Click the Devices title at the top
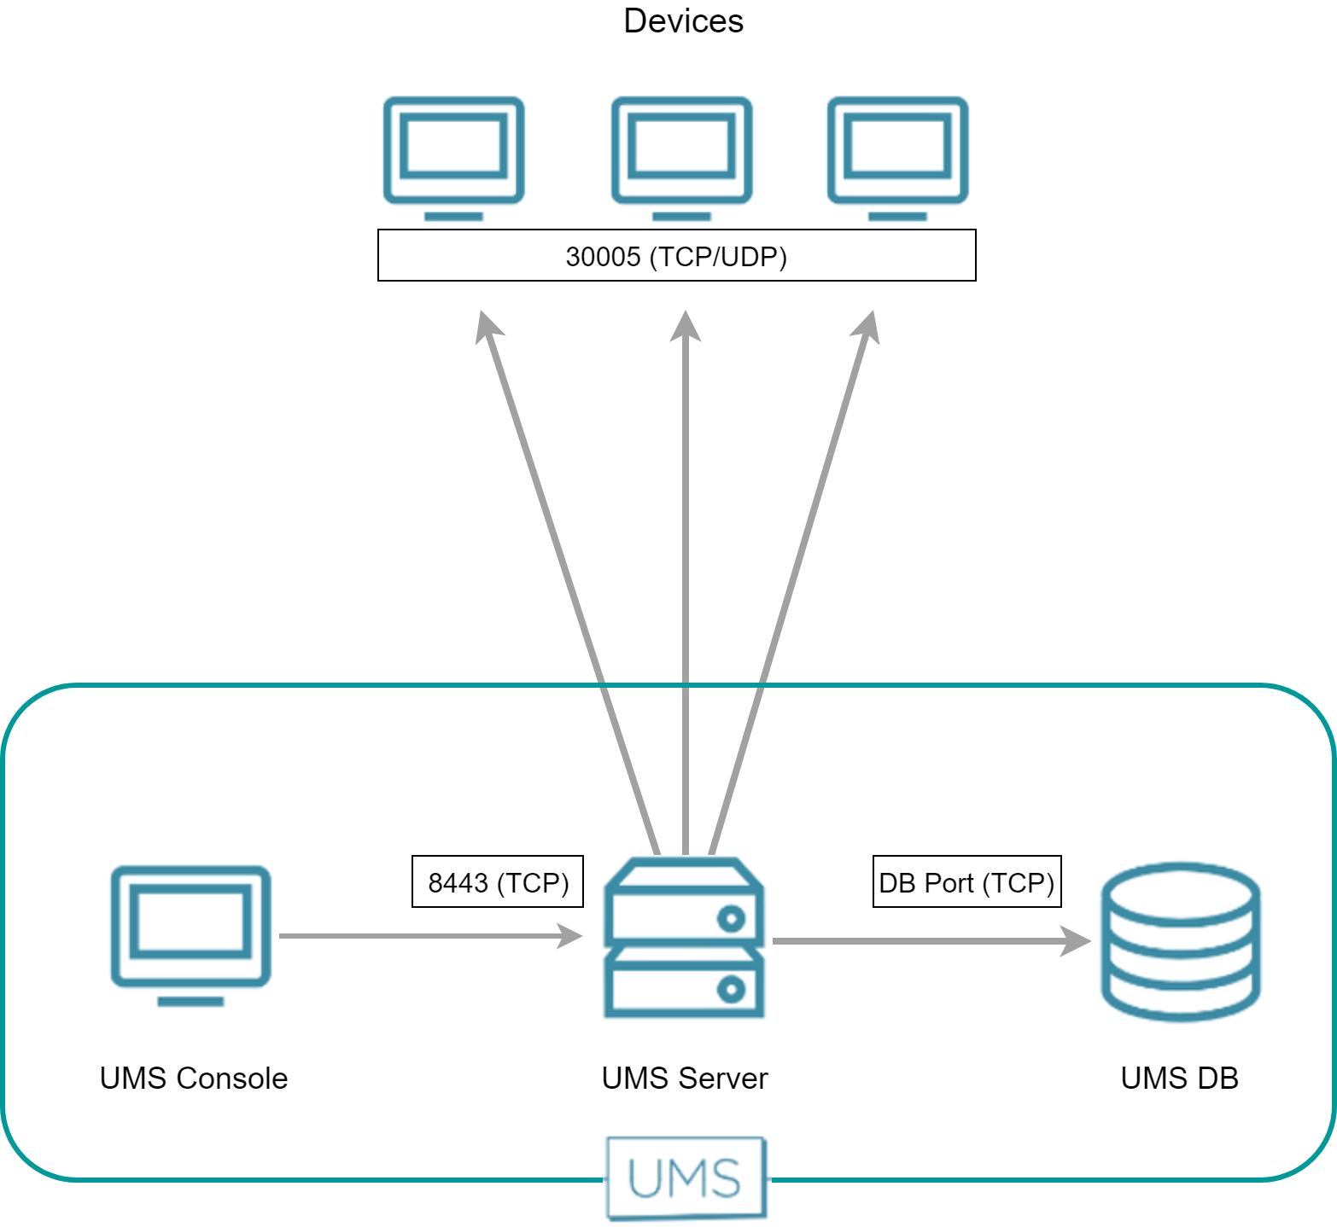[x=683, y=21]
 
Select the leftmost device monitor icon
[x=453, y=154]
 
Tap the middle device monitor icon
[x=681, y=154]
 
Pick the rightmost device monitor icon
[x=897, y=154]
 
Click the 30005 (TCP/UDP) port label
[x=676, y=256]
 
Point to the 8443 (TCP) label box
[x=498, y=881]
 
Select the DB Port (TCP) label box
[x=966, y=881]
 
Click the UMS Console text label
[x=194, y=1079]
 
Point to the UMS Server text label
[x=685, y=1079]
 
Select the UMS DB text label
[x=1179, y=1079]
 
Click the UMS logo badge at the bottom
[x=686, y=1178]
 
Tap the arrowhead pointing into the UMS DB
[x=1077, y=941]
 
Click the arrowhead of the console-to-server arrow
[x=570, y=936]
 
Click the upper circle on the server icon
[x=732, y=919]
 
